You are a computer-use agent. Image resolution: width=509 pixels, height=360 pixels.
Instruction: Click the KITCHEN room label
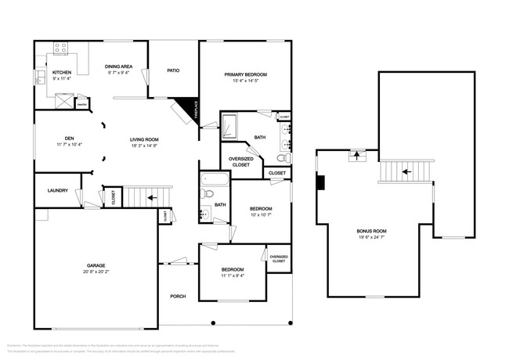(x=62, y=72)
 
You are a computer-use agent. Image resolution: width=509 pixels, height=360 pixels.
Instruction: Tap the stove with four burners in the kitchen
(x=61, y=49)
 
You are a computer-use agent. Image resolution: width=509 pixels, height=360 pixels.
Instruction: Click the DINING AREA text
(x=118, y=67)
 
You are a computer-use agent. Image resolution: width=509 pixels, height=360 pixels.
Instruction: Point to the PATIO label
(x=173, y=71)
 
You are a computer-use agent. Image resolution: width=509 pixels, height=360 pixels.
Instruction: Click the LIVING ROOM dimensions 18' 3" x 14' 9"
(x=144, y=146)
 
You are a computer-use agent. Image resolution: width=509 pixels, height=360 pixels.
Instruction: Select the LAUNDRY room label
(x=58, y=190)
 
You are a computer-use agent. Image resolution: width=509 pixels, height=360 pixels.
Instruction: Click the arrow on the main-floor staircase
(x=150, y=197)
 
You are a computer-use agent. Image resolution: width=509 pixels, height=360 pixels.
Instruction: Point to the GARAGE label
(x=96, y=265)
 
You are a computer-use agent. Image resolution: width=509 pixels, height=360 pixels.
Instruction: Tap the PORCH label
(x=178, y=297)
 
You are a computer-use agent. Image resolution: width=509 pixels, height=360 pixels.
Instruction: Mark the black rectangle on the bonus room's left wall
(x=319, y=182)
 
